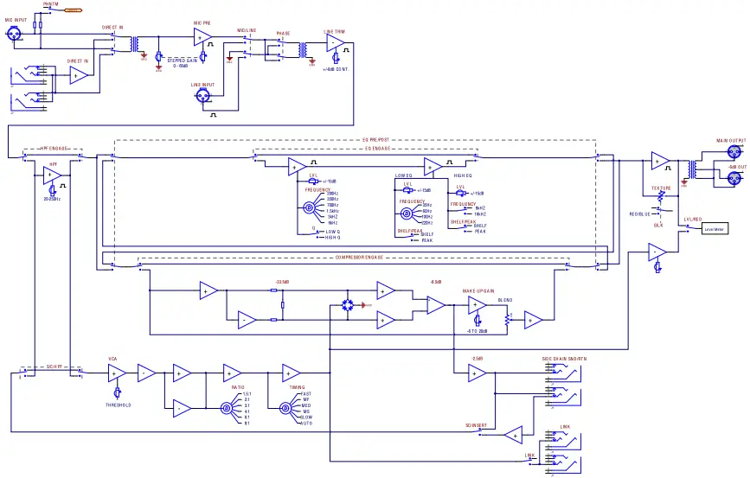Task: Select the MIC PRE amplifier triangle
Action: pos(202,35)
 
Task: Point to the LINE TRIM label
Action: pos(335,32)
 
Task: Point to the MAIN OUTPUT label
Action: pos(730,140)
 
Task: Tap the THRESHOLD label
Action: pos(119,405)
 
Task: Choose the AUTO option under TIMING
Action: pos(306,424)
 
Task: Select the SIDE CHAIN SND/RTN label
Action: pos(563,358)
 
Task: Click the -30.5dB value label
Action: pos(281,282)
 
